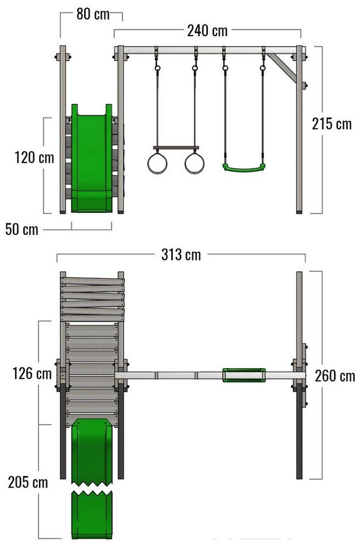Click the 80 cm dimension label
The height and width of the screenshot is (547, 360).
(93, 14)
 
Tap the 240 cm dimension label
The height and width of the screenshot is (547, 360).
(207, 31)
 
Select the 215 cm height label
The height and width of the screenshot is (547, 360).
(332, 124)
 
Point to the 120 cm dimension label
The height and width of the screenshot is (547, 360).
(34, 157)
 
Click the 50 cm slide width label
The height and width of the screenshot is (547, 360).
(22, 230)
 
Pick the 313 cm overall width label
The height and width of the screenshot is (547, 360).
(181, 255)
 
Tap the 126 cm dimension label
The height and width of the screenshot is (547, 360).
(32, 373)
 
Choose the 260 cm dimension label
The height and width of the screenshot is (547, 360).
(335, 376)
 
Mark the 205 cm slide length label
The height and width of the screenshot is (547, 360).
(28, 483)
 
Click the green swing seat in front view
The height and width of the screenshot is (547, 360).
(244, 168)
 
